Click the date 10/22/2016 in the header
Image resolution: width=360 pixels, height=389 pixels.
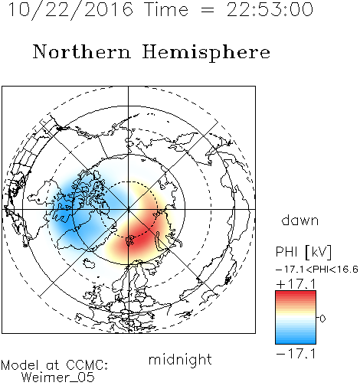pyautogui.click(x=70, y=9)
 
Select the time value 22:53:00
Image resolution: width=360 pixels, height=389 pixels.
pyautogui.click(x=270, y=9)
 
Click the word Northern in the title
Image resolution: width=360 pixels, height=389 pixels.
pyautogui.click(x=82, y=52)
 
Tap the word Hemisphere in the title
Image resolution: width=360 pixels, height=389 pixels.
pyautogui.click(x=206, y=53)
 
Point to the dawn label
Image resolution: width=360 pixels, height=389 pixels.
pyautogui.click(x=300, y=220)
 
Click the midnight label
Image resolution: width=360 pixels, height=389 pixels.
pyautogui.click(x=180, y=360)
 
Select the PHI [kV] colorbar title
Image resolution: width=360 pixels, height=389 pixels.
pyautogui.click(x=303, y=252)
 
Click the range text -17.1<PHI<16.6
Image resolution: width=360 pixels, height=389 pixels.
pyautogui.click(x=317, y=270)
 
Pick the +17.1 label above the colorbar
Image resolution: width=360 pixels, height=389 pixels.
pyautogui.click(x=296, y=284)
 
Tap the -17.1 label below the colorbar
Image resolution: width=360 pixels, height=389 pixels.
pyautogui.click(x=296, y=354)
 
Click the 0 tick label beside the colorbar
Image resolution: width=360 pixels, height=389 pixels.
pyautogui.click(x=322, y=319)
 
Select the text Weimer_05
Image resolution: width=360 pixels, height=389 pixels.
pyautogui.click(x=58, y=378)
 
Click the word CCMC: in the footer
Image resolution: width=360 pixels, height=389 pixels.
pyautogui.click(x=87, y=365)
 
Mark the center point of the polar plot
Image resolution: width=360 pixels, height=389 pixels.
pyautogui.click(x=129, y=210)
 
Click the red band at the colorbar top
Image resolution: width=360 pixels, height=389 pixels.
pyautogui.click(x=296, y=293)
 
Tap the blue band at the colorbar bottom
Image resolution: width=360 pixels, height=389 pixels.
pyautogui.click(x=296, y=341)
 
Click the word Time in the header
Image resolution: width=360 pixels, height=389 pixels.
pyautogui.click(x=167, y=9)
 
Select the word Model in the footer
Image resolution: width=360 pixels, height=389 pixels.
pyautogui.click(x=21, y=365)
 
